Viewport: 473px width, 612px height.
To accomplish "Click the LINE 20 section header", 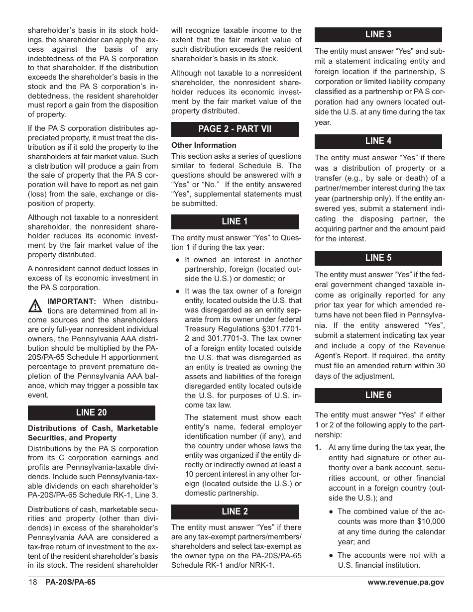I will click(91, 412).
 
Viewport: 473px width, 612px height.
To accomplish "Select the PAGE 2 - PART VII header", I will click(235, 129).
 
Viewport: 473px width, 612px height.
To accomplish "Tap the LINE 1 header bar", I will click(235, 221).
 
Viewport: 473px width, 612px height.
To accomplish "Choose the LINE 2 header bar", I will click(235, 511).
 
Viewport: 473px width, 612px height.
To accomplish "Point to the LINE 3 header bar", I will click(378, 34).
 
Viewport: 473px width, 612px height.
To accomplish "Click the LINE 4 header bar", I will click(378, 141).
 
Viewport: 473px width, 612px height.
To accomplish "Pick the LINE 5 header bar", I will click(378, 258).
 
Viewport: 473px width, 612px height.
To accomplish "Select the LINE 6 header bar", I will click(378, 395).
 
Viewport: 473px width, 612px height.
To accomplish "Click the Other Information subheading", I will click(204, 145).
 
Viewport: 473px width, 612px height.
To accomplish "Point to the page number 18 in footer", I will click(33, 582).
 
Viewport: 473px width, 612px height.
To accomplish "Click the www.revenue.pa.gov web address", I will click(405, 582).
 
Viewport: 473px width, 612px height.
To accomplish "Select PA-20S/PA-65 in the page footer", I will click(70, 582).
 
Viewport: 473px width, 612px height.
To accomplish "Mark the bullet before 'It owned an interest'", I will click(178, 260).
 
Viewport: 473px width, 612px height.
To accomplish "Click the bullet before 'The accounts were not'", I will click(331, 555).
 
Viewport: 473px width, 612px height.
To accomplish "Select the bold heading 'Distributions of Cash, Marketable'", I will click(93, 428).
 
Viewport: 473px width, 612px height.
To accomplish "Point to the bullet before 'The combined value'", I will click(331, 511).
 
